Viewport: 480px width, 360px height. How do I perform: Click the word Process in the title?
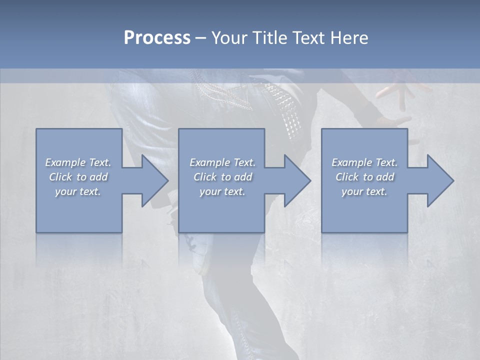tap(157, 38)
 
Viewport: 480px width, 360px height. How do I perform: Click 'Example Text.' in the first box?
tap(78, 162)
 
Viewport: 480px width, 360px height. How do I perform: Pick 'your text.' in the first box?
tap(78, 191)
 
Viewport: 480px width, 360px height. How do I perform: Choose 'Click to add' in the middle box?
tap(222, 177)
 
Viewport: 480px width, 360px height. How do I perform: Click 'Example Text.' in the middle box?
tap(222, 162)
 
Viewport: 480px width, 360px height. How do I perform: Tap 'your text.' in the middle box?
tap(222, 191)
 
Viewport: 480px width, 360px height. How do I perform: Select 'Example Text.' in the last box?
tap(364, 162)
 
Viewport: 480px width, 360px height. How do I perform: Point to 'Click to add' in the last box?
tap(364, 177)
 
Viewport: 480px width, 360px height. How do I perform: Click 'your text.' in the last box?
tap(364, 191)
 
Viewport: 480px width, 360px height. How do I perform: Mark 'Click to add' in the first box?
tap(78, 177)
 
